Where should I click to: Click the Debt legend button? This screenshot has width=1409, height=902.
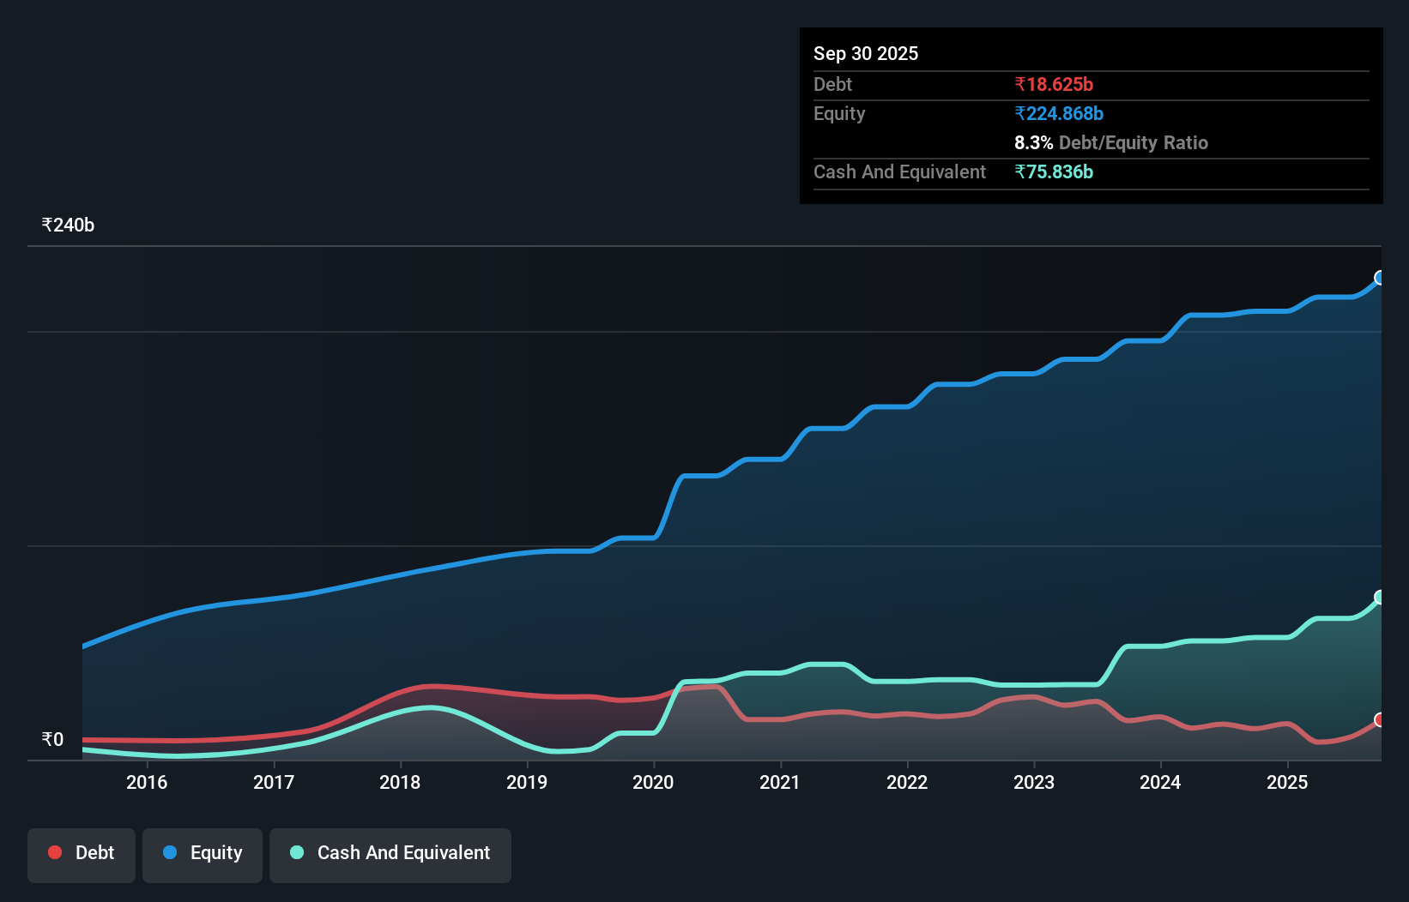82,853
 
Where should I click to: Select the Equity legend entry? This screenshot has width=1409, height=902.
203,853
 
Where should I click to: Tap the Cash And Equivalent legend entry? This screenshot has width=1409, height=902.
390,853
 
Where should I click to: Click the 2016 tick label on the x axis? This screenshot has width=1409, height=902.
147,782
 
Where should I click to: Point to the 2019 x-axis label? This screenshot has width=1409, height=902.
527,782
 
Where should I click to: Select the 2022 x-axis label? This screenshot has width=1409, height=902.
907,782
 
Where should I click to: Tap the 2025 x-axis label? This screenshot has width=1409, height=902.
1287,782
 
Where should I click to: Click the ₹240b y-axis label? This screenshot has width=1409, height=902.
68,225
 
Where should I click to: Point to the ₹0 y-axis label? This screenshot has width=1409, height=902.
52,739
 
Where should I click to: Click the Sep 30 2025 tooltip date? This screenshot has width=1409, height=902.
866,53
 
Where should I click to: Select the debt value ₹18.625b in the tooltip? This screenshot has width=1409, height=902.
1054,84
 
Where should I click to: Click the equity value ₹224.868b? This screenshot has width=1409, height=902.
1059,113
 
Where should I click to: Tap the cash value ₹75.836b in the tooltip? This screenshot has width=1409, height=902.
1054,171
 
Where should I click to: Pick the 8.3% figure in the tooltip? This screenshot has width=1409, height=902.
1033,142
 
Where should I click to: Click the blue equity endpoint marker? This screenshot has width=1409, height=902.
1380,278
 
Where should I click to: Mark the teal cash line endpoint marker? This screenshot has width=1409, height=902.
1380,597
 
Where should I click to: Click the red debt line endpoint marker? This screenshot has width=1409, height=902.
1380,719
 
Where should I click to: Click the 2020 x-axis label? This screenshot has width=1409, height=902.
653,782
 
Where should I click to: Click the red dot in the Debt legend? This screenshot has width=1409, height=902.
55,852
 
